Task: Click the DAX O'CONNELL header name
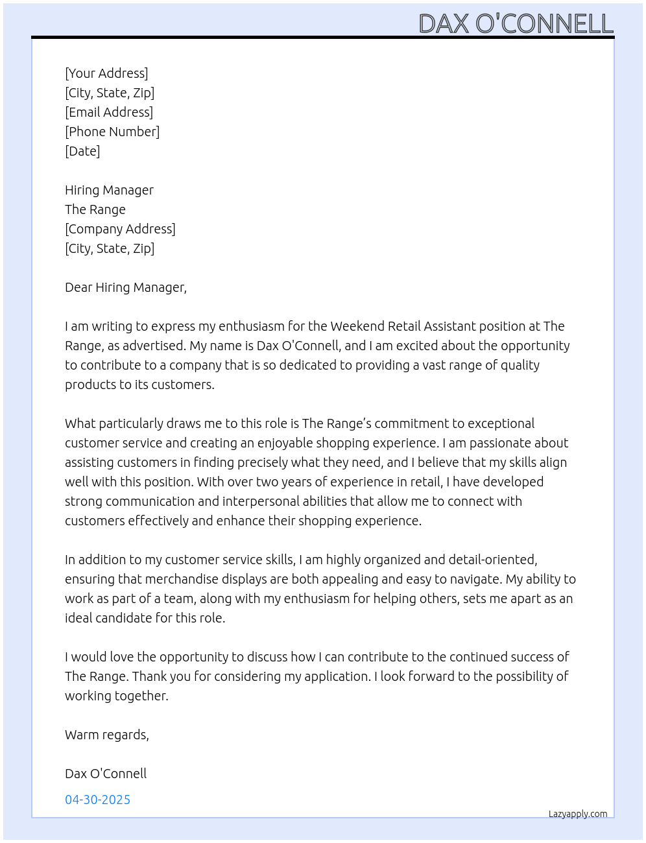pyautogui.click(x=516, y=24)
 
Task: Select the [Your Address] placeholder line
pyautogui.click(x=106, y=73)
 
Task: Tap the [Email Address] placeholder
pyautogui.click(x=109, y=112)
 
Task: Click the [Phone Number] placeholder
pyautogui.click(x=112, y=132)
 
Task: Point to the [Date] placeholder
pyautogui.click(x=82, y=151)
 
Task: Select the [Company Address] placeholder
pyautogui.click(x=120, y=229)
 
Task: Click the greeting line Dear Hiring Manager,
pyautogui.click(x=126, y=287)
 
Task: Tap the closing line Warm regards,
pyautogui.click(x=107, y=735)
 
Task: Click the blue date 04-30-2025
pyautogui.click(x=98, y=800)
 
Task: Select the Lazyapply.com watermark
pyautogui.click(x=578, y=814)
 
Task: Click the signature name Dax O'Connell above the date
pyautogui.click(x=106, y=774)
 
